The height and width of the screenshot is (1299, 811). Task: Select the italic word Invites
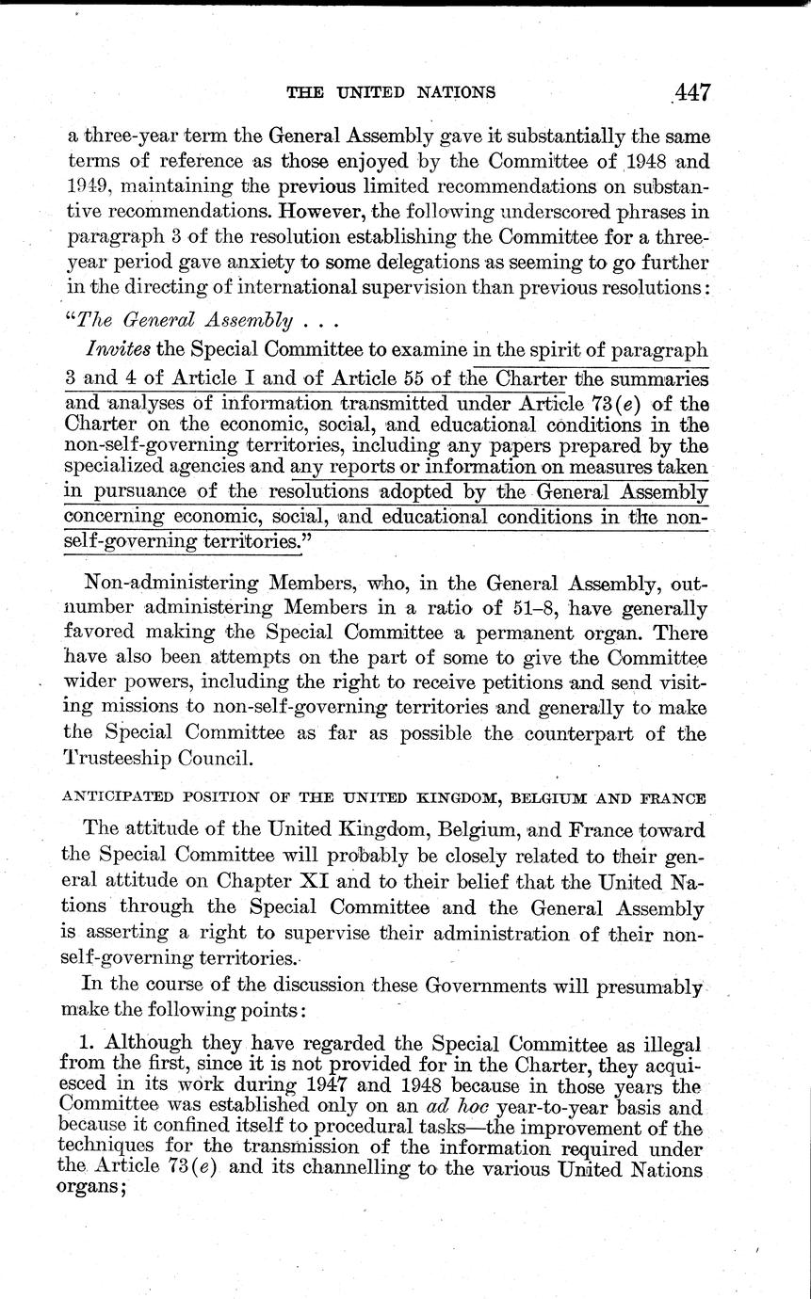(x=120, y=349)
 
